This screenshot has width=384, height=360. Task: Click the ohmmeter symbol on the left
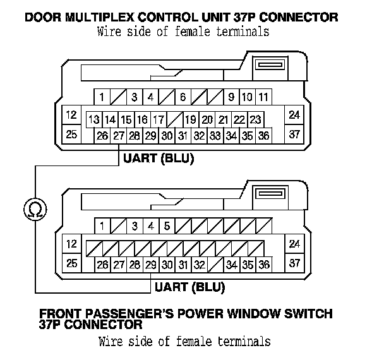[x=35, y=208]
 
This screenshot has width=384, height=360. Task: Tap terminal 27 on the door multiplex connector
[x=118, y=135]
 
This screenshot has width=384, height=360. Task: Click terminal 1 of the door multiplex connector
[x=102, y=97]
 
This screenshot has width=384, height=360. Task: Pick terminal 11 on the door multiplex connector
[x=263, y=97]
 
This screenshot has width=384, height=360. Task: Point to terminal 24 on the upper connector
[x=294, y=115]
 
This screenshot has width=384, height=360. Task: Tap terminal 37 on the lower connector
[x=294, y=262]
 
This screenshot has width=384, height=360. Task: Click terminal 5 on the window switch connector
[x=167, y=225]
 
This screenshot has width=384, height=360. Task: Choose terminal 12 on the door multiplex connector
[x=71, y=115]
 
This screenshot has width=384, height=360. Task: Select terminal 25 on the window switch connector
[x=71, y=262]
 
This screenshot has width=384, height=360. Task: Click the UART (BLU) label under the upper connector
[x=158, y=158]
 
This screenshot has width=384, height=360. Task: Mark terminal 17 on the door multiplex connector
[x=159, y=119]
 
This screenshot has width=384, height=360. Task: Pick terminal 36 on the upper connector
[x=263, y=135]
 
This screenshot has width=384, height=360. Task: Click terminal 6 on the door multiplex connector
[x=183, y=97]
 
